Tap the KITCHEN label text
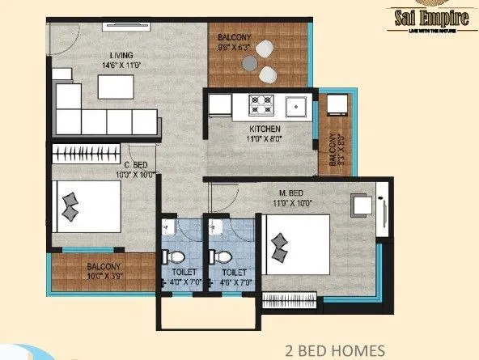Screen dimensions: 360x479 (265, 129)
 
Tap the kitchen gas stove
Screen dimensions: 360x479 (263, 104)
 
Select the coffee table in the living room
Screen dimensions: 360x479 (114, 85)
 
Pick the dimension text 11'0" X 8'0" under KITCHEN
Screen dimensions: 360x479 (265, 139)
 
